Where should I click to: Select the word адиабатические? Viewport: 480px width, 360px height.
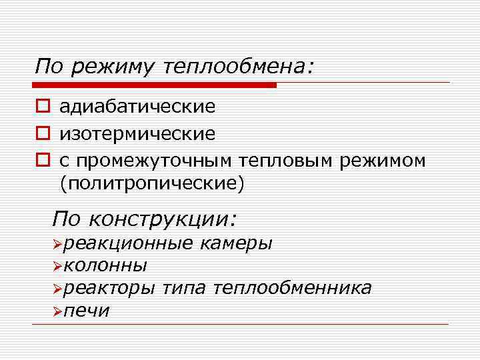click(137, 107)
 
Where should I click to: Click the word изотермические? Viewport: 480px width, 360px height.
click(137, 134)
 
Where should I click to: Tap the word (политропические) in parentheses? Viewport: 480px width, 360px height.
click(152, 184)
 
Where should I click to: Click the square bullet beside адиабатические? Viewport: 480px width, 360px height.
click(42, 107)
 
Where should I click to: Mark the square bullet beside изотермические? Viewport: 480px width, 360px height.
click(42, 134)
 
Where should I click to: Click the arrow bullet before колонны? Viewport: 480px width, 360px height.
click(57, 267)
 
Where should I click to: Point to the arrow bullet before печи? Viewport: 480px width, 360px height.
click(57, 311)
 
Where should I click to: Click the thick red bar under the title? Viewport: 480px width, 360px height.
click(154, 85)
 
